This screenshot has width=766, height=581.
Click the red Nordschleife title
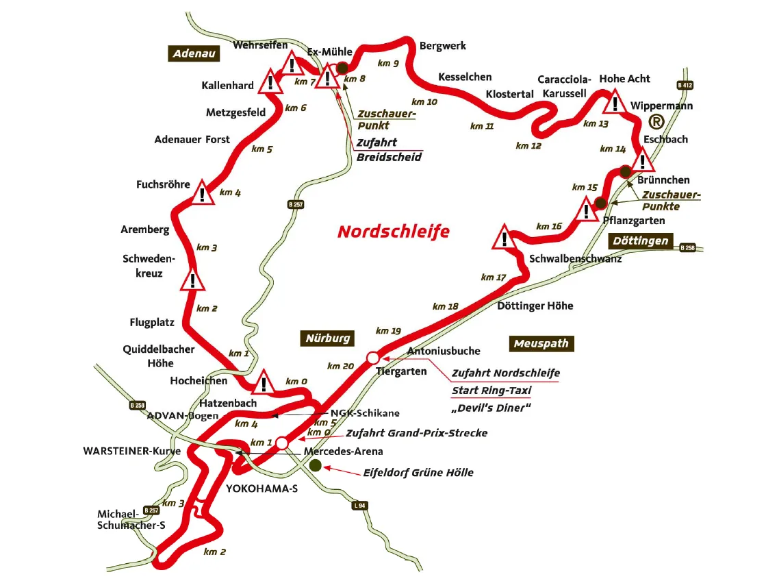pyautogui.click(x=394, y=232)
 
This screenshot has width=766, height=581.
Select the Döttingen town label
pyautogui.click(x=641, y=240)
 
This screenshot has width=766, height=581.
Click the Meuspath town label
pyautogui.click(x=541, y=343)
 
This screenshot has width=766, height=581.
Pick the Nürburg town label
pyautogui.click(x=328, y=338)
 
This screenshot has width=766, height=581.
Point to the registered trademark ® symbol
pyautogui.click(x=656, y=122)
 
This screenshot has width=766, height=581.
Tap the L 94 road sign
pyautogui.click(x=361, y=506)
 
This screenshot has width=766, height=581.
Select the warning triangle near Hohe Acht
pyautogui.click(x=616, y=103)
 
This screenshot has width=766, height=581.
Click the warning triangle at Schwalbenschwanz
pyautogui.click(x=505, y=238)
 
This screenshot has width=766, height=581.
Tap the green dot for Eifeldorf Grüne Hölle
pyautogui.click(x=316, y=465)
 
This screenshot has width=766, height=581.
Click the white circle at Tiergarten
pyautogui.click(x=373, y=358)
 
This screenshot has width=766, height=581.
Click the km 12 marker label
pyautogui.click(x=528, y=145)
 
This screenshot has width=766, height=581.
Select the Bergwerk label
pyautogui.click(x=443, y=46)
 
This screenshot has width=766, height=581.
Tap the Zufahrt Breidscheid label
pyautogui.click(x=389, y=150)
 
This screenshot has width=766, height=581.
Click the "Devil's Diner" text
pyautogui.click(x=491, y=408)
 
